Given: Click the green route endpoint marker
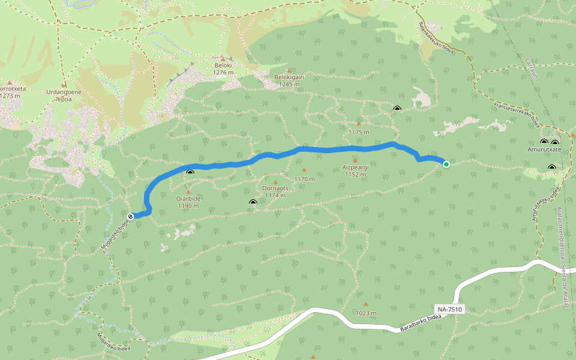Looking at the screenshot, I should [446, 164].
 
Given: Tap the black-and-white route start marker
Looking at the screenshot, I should [131, 215].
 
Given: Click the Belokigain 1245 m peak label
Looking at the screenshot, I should [289, 80].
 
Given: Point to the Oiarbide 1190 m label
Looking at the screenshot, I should [188, 202].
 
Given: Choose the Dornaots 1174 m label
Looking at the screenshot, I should [275, 191].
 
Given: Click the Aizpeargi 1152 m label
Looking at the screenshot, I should [355, 171].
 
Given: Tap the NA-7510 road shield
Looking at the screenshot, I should [449, 309].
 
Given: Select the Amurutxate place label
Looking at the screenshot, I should [544, 149].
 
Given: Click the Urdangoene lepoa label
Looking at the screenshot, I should [64, 95].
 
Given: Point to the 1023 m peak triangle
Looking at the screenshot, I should [365, 304].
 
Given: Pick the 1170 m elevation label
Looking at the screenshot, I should [304, 179].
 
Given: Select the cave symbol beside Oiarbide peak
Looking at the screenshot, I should [190, 173].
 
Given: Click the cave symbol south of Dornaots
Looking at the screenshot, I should [253, 203].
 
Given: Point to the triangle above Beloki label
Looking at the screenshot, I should [221, 59].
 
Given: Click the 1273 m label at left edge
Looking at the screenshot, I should [11, 95].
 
